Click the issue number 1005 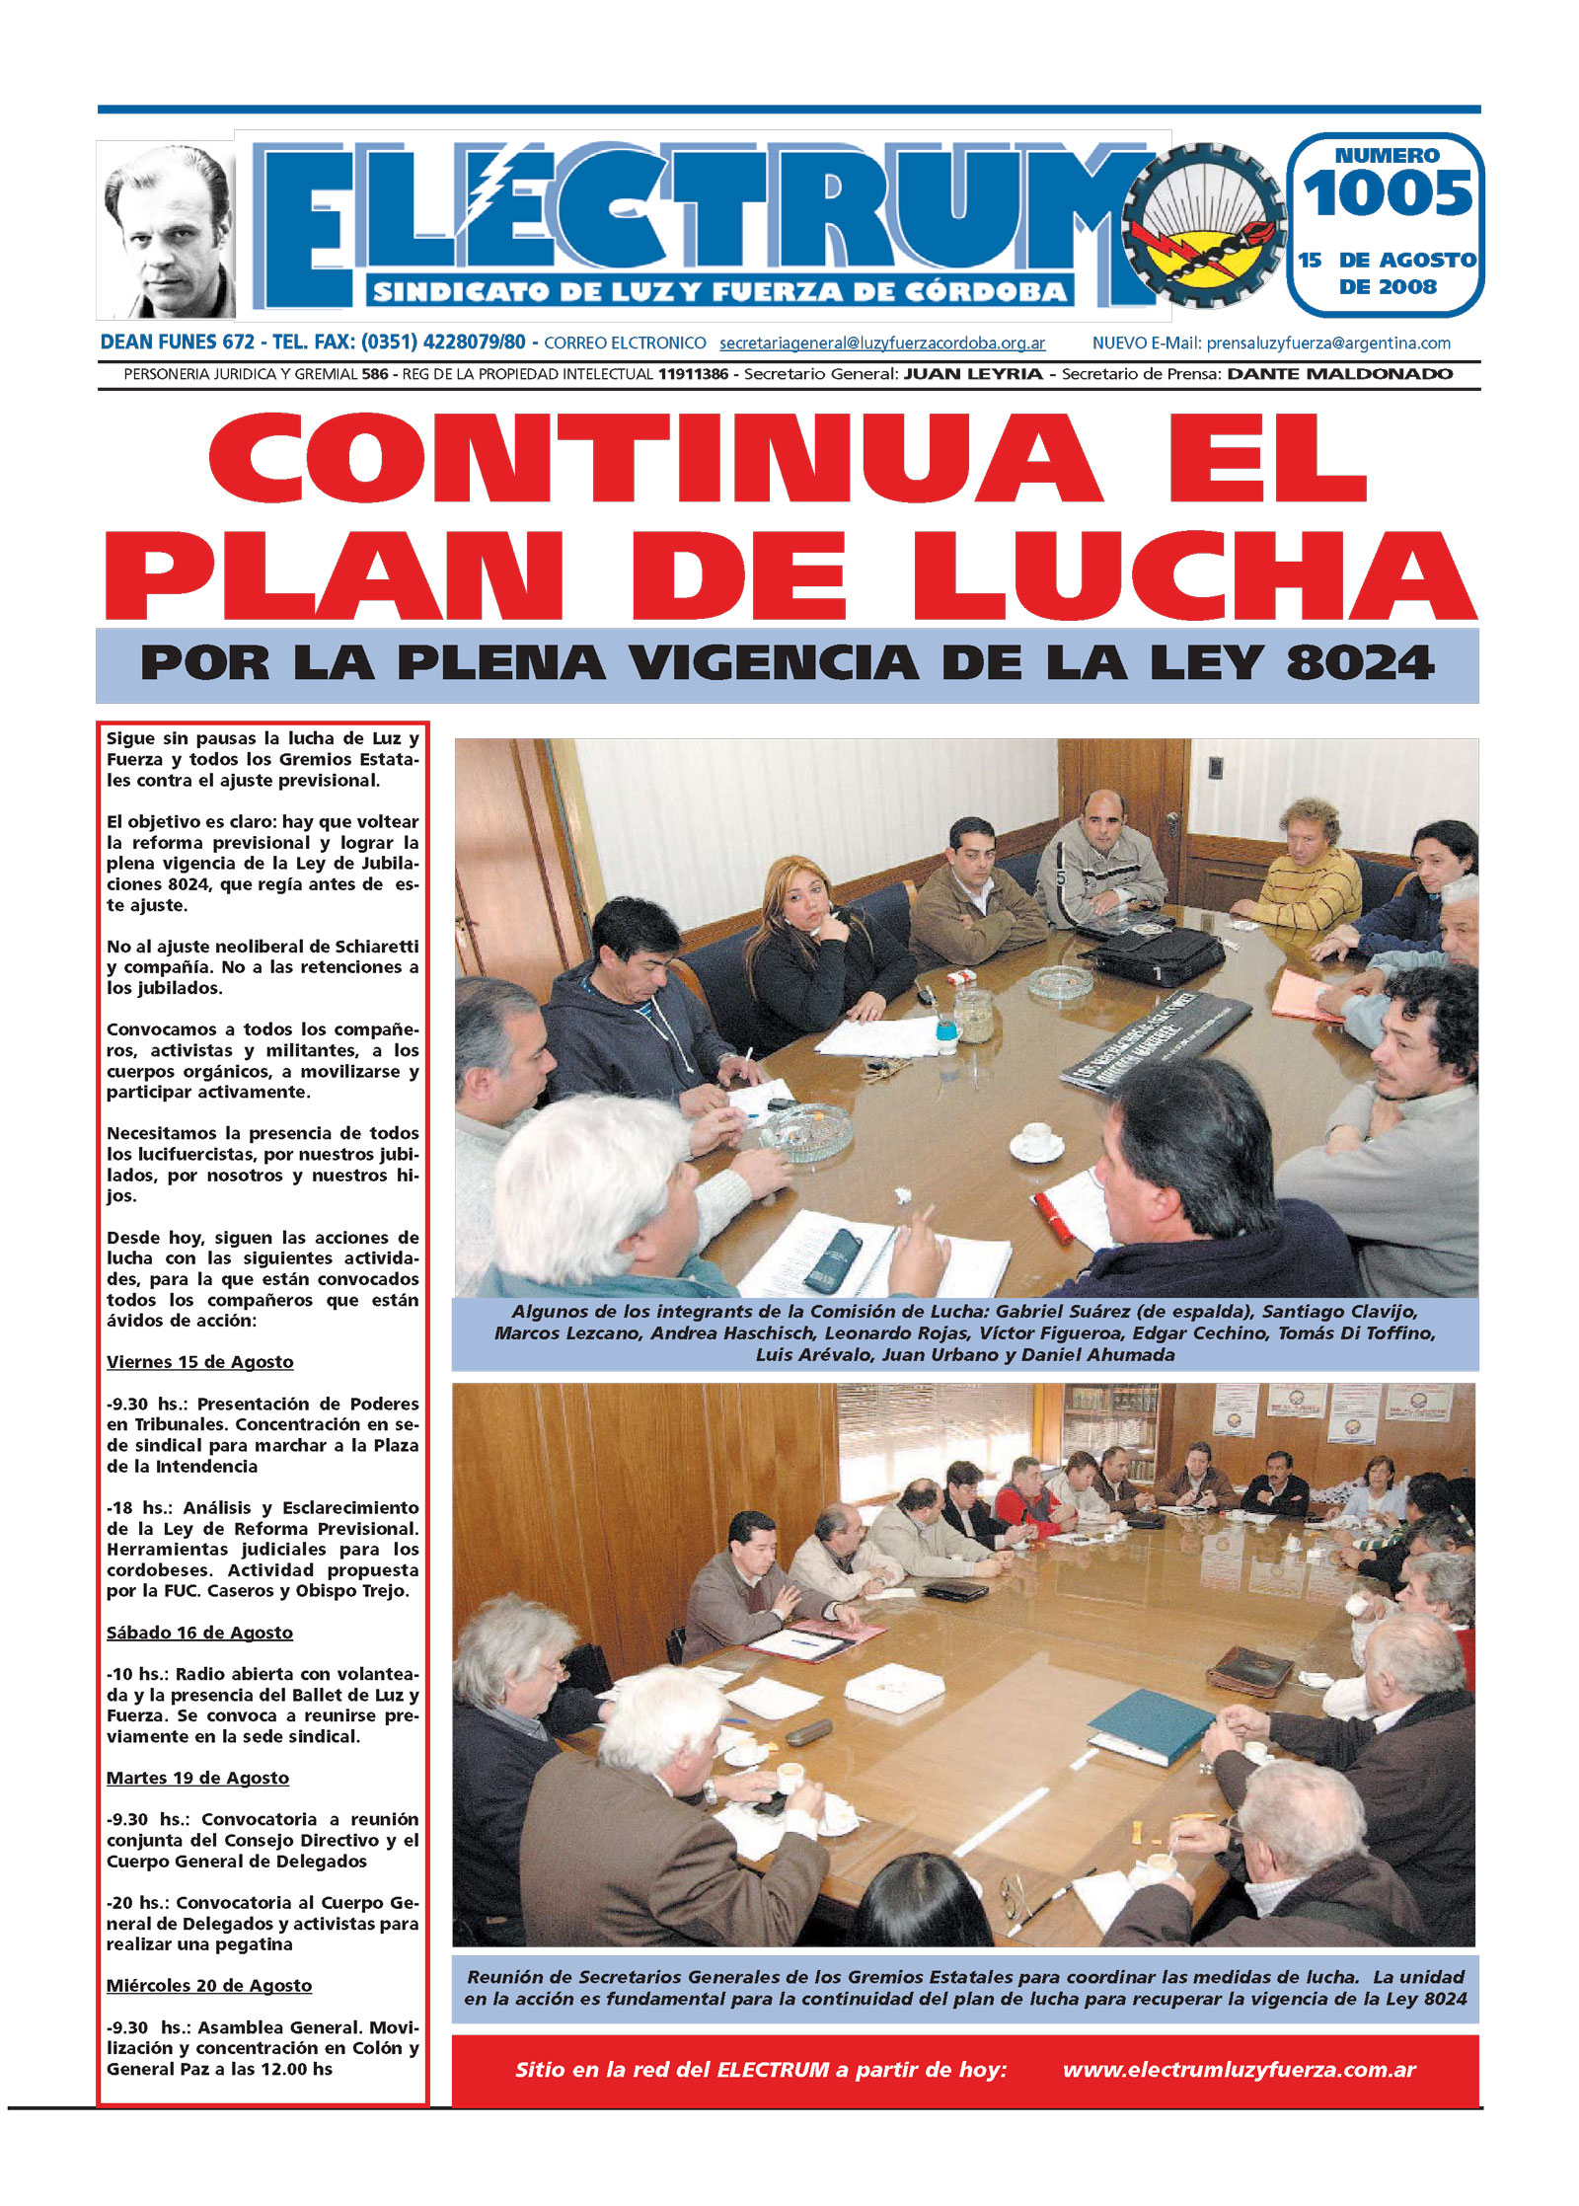click(x=1387, y=193)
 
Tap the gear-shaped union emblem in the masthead click(x=1203, y=226)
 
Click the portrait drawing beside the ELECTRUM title click(x=166, y=230)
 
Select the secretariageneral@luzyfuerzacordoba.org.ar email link click(x=881, y=343)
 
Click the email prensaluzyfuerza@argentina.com click(x=1327, y=343)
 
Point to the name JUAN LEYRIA click(x=972, y=374)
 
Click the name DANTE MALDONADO click(x=1339, y=374)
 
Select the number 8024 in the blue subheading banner click(x=1360, y=662)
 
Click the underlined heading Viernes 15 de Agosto click(x=200, y=1362)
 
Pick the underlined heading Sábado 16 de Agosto click(x=199, y=1633)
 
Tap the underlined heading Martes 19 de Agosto click(x=197, y=1778)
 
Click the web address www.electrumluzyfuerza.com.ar click(x=1239, y=2070)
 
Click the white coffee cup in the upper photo click(x=1036, y=1139)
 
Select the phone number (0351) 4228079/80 click(x=443, y=342)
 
